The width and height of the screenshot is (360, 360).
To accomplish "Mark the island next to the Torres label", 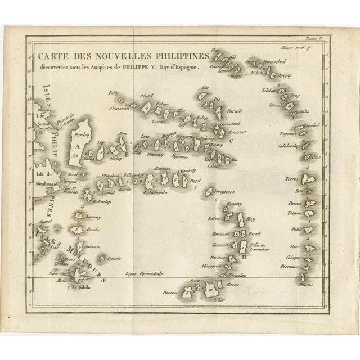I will tap(308, 178).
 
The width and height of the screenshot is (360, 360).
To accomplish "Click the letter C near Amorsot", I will tap(232, 141).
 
